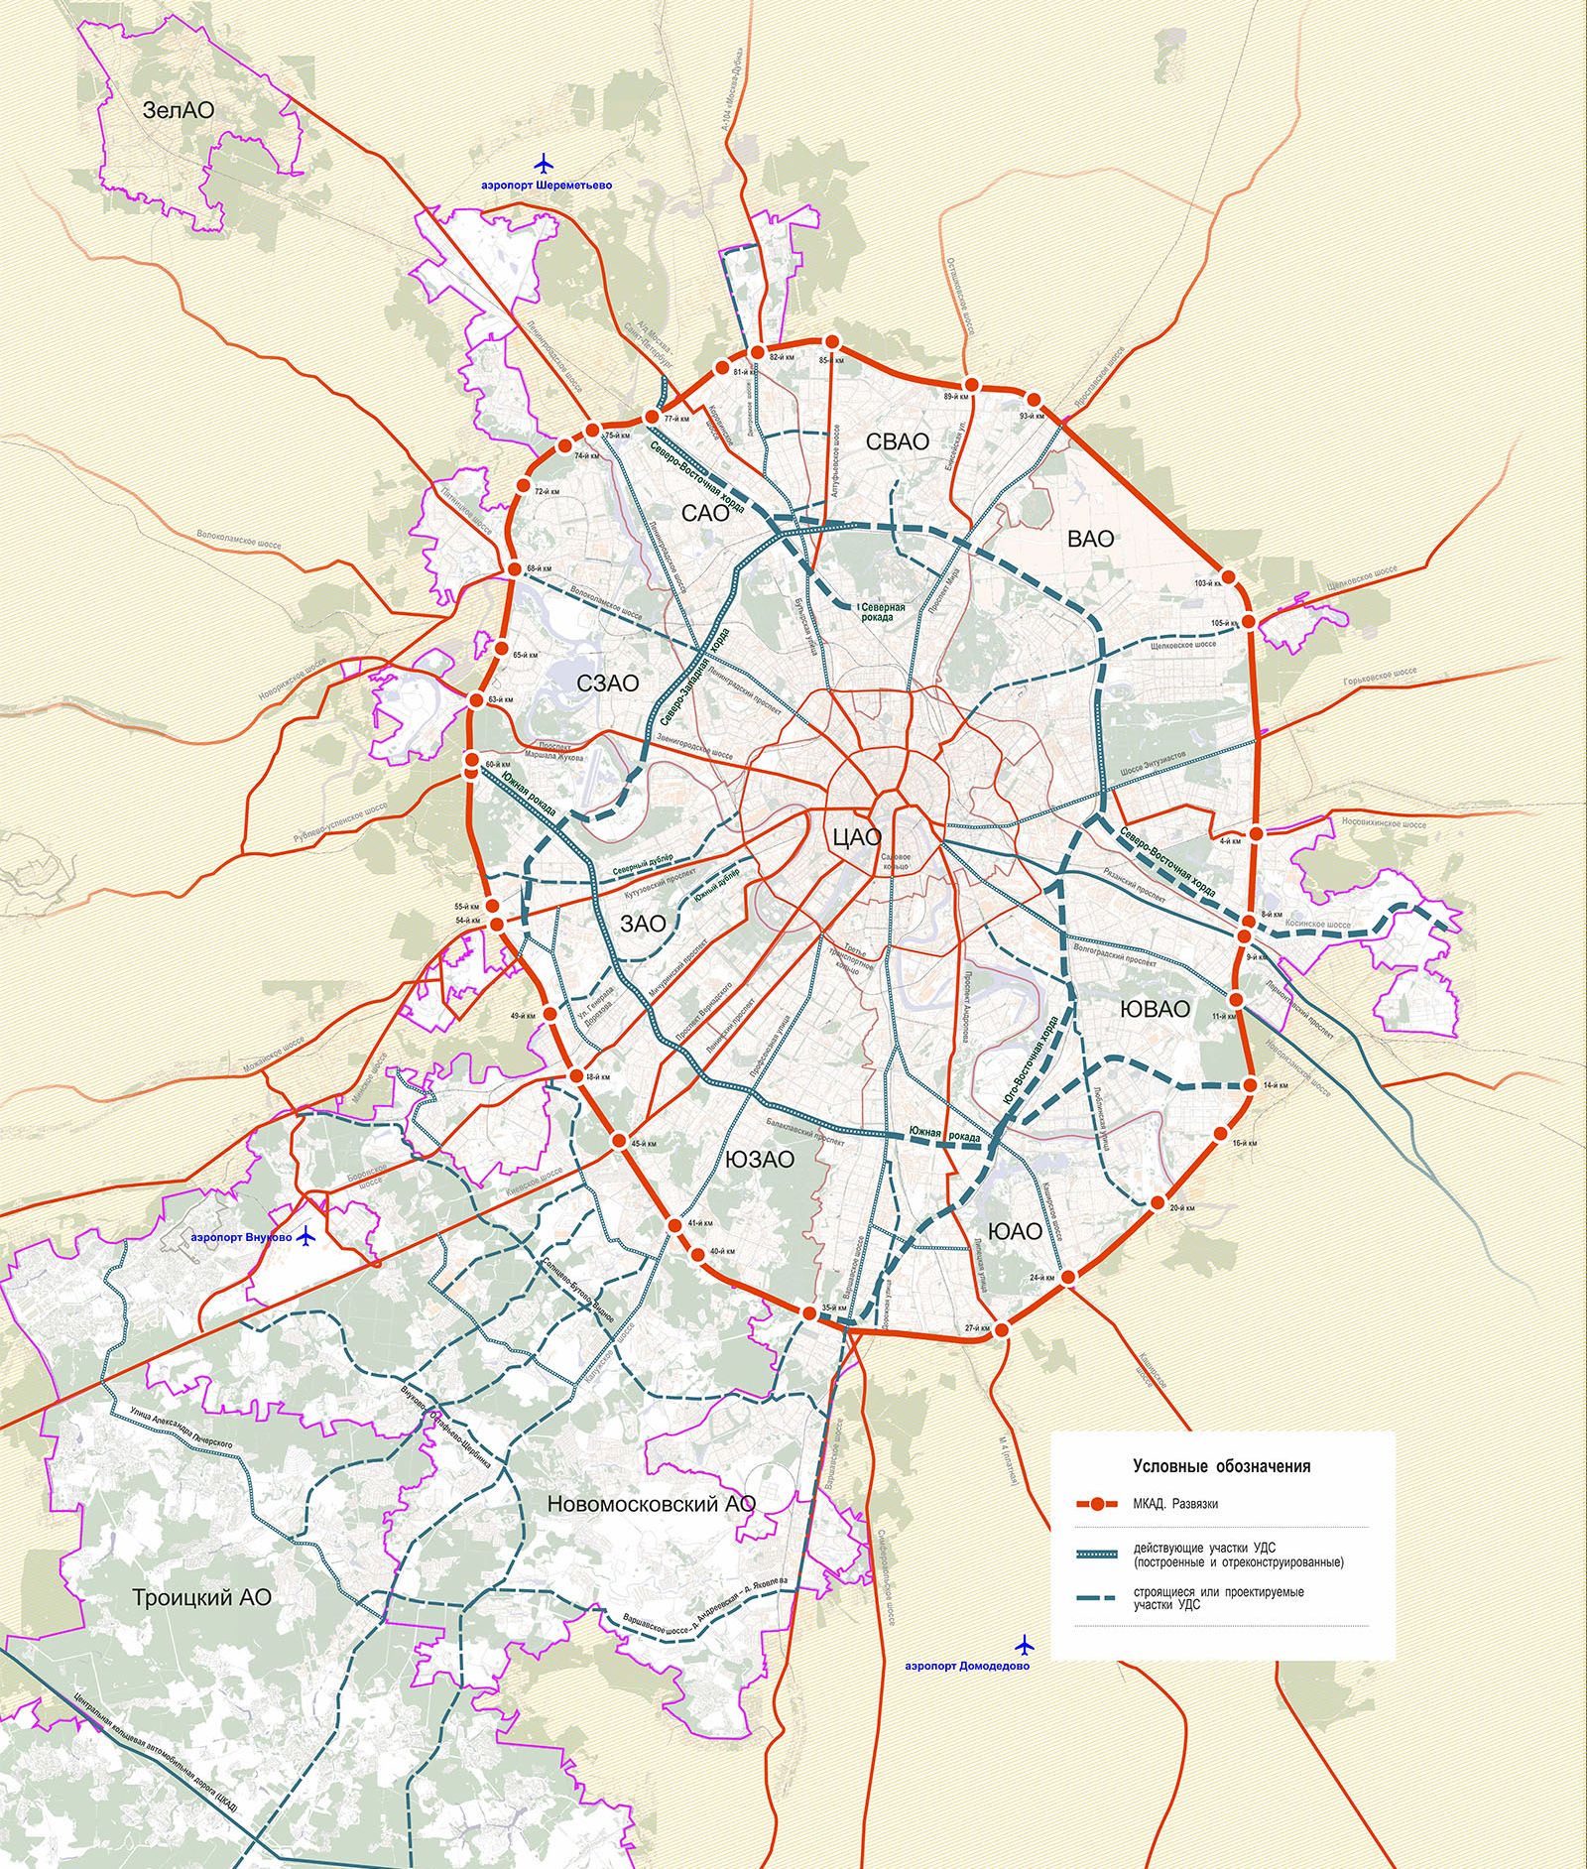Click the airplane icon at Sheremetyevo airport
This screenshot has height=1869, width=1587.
(x=544, y=162)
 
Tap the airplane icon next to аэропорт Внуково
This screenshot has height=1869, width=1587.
(x=306, y=1236)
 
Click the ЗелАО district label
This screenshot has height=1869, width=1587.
(x=178, y=111)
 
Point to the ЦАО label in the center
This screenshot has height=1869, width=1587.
(x=856, y=837)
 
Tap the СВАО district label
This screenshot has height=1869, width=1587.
(x=897, y=442)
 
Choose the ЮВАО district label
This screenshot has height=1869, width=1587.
(x=1154, y=1009)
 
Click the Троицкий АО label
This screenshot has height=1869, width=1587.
(x=201, y=1597)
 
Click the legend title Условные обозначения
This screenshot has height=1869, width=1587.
(x=1221, y=1466)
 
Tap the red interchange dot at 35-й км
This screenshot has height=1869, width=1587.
(x=808, y=1313)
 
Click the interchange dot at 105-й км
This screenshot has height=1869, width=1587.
(x=1250, y=621)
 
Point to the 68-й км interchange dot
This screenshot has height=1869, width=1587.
(x=514, y=569)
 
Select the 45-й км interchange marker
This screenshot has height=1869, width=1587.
(x=619, y=1141)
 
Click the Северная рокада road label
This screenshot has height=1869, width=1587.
(x=882, y=612)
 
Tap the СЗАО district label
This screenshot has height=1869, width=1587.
(x=608, y=684)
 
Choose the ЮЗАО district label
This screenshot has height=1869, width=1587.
(x=759, y=1160)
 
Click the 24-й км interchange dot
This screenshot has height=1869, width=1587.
(x=1067, y=1279)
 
